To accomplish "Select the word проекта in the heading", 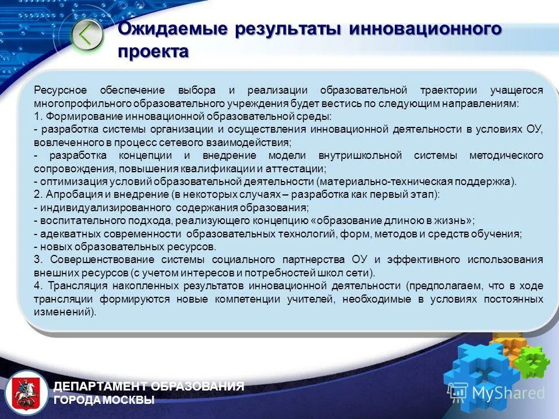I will pos(153,52).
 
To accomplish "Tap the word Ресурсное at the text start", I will pos(60,90).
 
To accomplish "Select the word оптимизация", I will pos(68,182).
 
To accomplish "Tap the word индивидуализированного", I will pos(104,208).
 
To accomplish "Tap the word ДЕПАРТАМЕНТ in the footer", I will pos(100,386).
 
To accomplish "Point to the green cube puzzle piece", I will pos(531,359).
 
